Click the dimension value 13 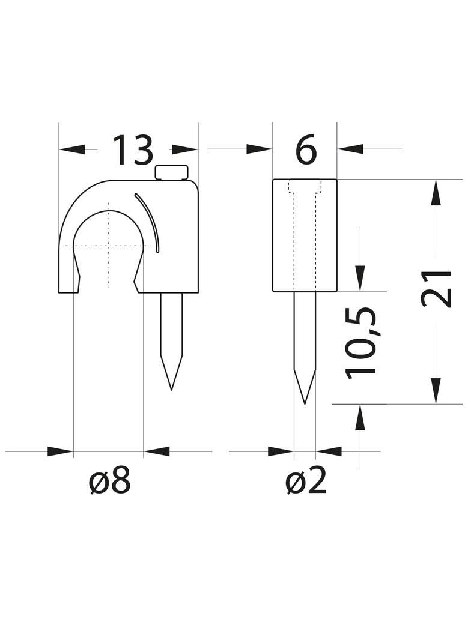point(133,150)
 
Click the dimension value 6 point(306,150)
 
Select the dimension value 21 point(436,289)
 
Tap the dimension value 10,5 point(360,342)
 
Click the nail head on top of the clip point(172,172)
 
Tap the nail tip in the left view point(171,390)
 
